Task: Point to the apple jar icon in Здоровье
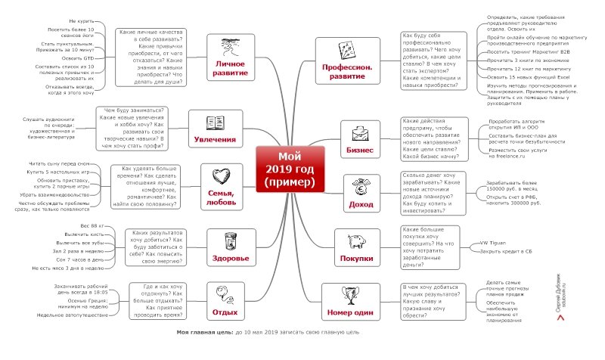(x=231, y=241)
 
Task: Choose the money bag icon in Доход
(x=358, y=184)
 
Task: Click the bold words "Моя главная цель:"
(x=204, y=333)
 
